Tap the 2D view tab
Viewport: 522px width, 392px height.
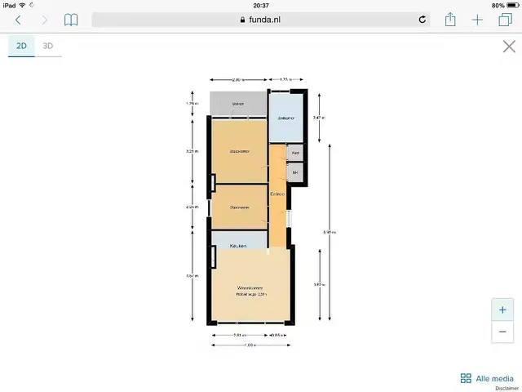point(21,46)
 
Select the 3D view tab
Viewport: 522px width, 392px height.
point(48,46)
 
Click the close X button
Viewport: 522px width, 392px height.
point(508,47)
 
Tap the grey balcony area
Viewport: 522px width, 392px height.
point(238,105)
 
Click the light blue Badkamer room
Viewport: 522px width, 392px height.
point(285,118)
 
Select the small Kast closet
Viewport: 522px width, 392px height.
point(295,153)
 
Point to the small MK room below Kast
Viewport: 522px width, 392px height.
point(295,172)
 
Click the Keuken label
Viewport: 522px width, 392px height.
point(238,245)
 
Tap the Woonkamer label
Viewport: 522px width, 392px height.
point(250,288)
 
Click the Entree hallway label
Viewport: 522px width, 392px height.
point(277,194)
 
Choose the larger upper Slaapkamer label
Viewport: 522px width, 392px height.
point(239,151)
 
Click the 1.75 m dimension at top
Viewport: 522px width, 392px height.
point(285,79)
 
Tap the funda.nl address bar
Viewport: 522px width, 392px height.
point(260,20)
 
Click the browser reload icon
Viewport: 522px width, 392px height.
point(422,20)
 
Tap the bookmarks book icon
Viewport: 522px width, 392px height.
point(72,20)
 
